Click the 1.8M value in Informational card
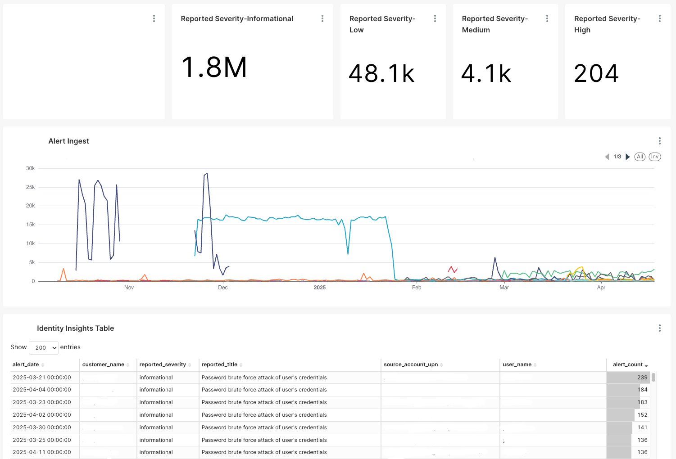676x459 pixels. click(214, 67)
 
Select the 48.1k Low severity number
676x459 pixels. click(381, 73)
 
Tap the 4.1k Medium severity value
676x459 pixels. click(486, 73)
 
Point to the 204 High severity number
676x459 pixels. click(596, 73)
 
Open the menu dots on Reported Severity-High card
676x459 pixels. click(659, 18)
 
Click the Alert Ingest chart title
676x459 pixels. click(68, 141)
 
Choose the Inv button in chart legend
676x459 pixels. click(654, 157)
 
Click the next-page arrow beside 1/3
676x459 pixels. click(628, 157)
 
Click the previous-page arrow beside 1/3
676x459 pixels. click(607, 157)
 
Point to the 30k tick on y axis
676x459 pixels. click(30, 168)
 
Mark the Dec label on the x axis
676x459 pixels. click(222, 288)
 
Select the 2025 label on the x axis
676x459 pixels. click(319, 288)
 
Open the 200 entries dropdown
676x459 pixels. click(44, 347)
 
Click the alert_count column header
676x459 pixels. click(628, 364)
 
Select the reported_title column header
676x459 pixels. click(219, 364)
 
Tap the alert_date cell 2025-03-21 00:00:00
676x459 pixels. click(42, 378)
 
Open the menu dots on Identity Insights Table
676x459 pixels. click(659, 328)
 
